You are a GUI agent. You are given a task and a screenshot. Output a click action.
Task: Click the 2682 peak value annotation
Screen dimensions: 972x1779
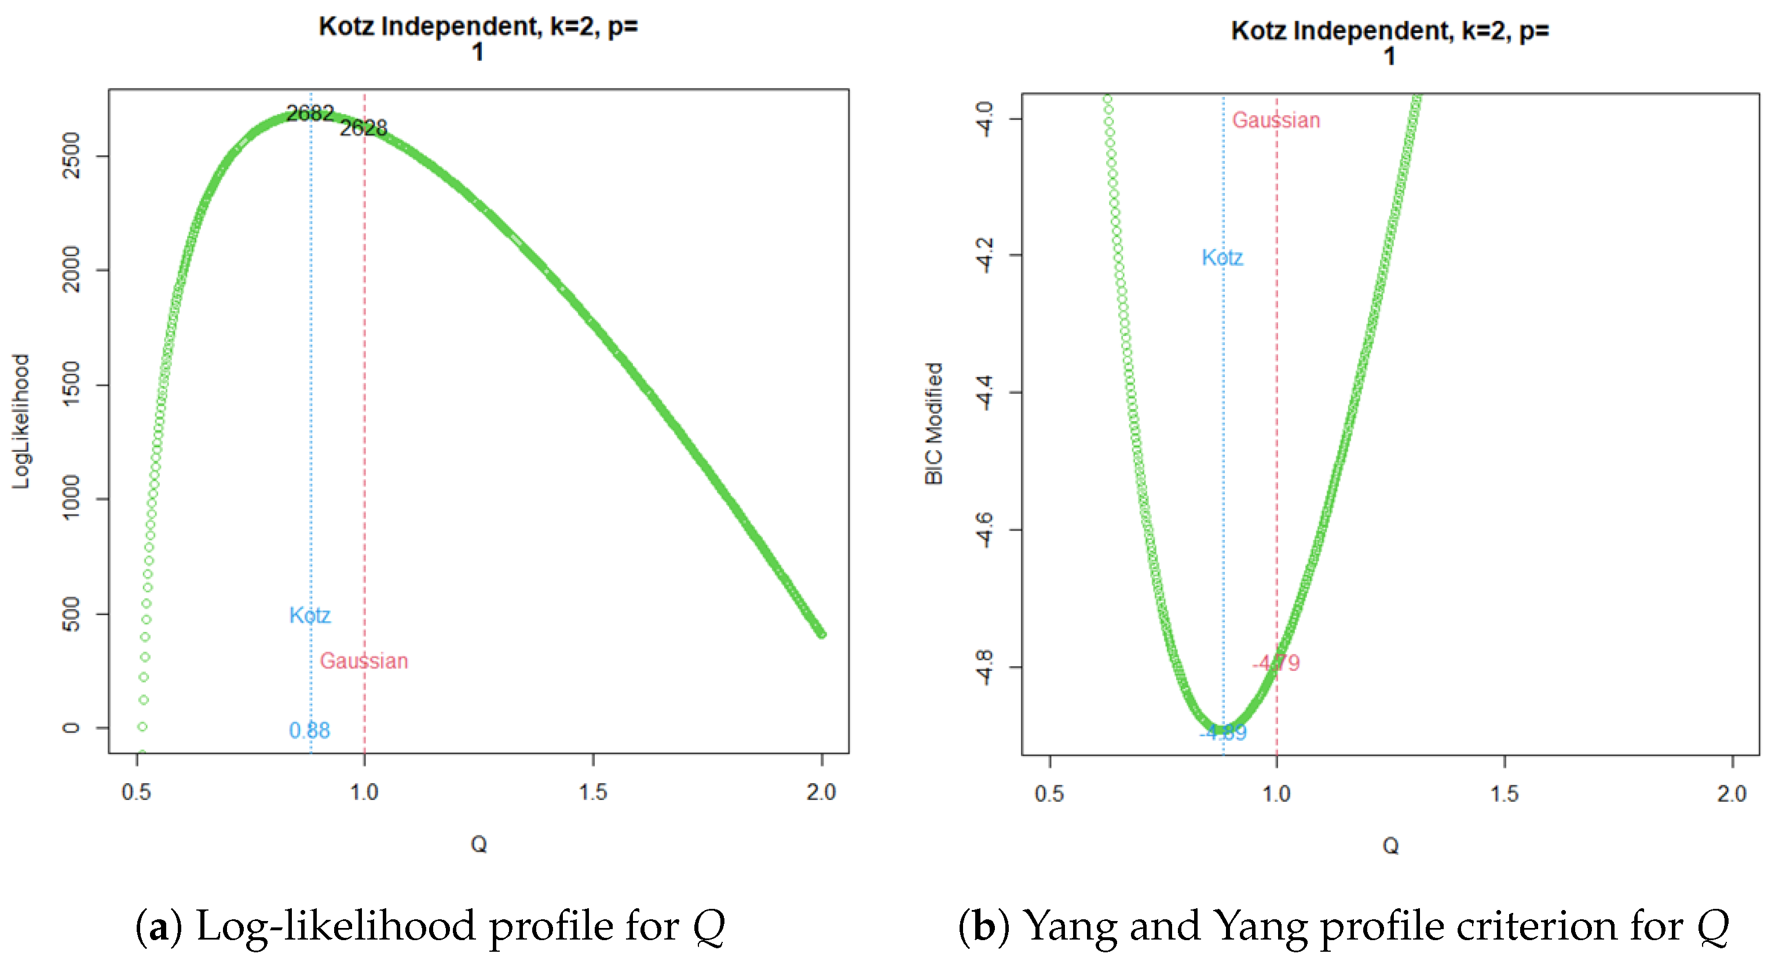[x=310, y=112]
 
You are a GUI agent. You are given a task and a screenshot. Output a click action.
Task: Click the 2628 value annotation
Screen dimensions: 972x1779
[x=363, y=128]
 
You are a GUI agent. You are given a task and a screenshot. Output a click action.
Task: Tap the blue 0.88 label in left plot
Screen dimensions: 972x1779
[x=309, y=730]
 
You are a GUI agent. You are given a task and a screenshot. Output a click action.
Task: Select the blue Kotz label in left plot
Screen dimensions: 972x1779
[x=309, y=615]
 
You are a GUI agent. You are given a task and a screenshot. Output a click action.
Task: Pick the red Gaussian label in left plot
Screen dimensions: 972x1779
[x=364, y=661]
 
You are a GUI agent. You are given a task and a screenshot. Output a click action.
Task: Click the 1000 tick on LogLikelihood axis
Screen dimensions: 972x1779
[x=71, y=498]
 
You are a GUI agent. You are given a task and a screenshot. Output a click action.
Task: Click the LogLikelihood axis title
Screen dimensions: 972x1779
[x=21, y=421]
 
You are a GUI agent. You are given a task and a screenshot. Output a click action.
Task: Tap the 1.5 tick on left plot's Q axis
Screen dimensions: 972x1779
[x=592, y=792]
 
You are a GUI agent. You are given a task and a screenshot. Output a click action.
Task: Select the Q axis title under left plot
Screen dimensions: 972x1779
[x=478, y=844]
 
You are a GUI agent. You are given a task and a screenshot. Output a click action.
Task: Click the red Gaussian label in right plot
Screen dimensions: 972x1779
[x=1276, y=120]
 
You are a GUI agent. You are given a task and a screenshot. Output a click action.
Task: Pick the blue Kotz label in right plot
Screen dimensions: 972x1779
[x=1222, y=258]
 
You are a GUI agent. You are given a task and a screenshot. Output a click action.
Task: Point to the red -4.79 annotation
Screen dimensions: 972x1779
[x=1276, y=663]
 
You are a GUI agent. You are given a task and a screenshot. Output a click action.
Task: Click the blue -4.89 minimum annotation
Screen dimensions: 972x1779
[x=1223, y=732]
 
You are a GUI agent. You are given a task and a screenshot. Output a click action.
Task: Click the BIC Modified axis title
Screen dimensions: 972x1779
[x=934, y=423]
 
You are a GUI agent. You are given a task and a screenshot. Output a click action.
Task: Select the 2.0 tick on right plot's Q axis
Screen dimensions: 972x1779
[x=1732, y=793]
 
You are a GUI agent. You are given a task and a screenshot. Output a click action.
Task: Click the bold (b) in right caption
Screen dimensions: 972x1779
[x=984, y=926]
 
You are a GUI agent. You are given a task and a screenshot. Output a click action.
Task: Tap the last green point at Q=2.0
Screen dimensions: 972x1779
[x=822, y=634]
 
